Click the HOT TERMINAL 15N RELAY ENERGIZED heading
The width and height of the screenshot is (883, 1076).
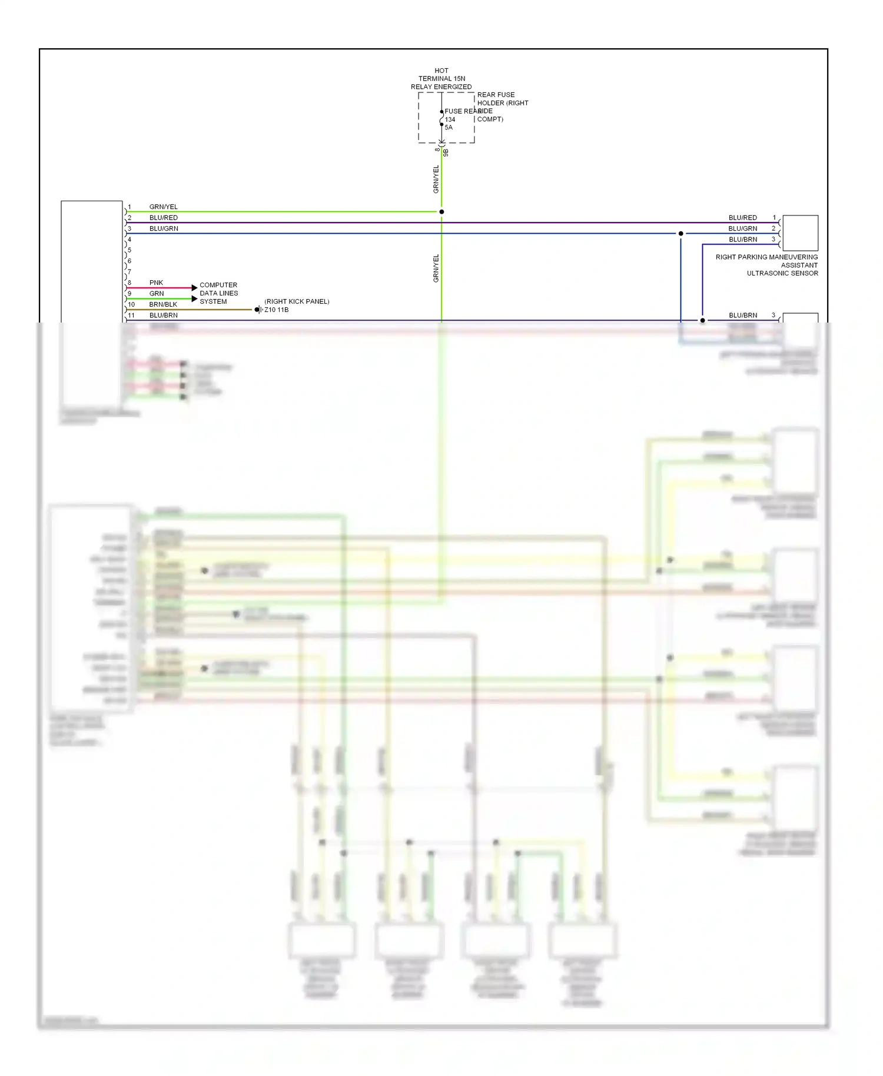point(441,78)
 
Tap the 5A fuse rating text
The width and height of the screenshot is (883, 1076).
point(449,128)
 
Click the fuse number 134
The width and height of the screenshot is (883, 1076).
point(450,119)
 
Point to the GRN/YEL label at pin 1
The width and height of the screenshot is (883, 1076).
point(163,207)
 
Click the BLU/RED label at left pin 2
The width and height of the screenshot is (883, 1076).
point(163,218)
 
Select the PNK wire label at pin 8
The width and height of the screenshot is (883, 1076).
point(156,283)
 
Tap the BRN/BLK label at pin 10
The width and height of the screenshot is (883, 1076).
point(163,304)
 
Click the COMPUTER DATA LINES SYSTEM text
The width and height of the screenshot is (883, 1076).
point(218,293)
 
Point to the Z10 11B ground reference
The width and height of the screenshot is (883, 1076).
point(276,310)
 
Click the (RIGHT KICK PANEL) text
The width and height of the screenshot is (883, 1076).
point(297,301)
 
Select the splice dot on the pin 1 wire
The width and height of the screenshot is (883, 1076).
point(441,212)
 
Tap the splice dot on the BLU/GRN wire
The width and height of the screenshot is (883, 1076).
point(681,234)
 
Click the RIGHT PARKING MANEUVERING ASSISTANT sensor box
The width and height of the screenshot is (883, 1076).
point(800,233)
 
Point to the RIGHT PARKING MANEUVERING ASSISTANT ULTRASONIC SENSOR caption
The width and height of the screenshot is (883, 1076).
point(767,265)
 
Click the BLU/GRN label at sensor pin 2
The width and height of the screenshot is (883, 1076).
point(742,228)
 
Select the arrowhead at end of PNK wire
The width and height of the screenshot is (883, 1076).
point(194,288)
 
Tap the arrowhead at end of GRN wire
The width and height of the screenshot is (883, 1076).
point(194,299)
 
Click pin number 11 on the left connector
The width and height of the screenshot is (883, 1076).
point(131,316)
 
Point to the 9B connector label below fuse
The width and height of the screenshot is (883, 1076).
point(446,152)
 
